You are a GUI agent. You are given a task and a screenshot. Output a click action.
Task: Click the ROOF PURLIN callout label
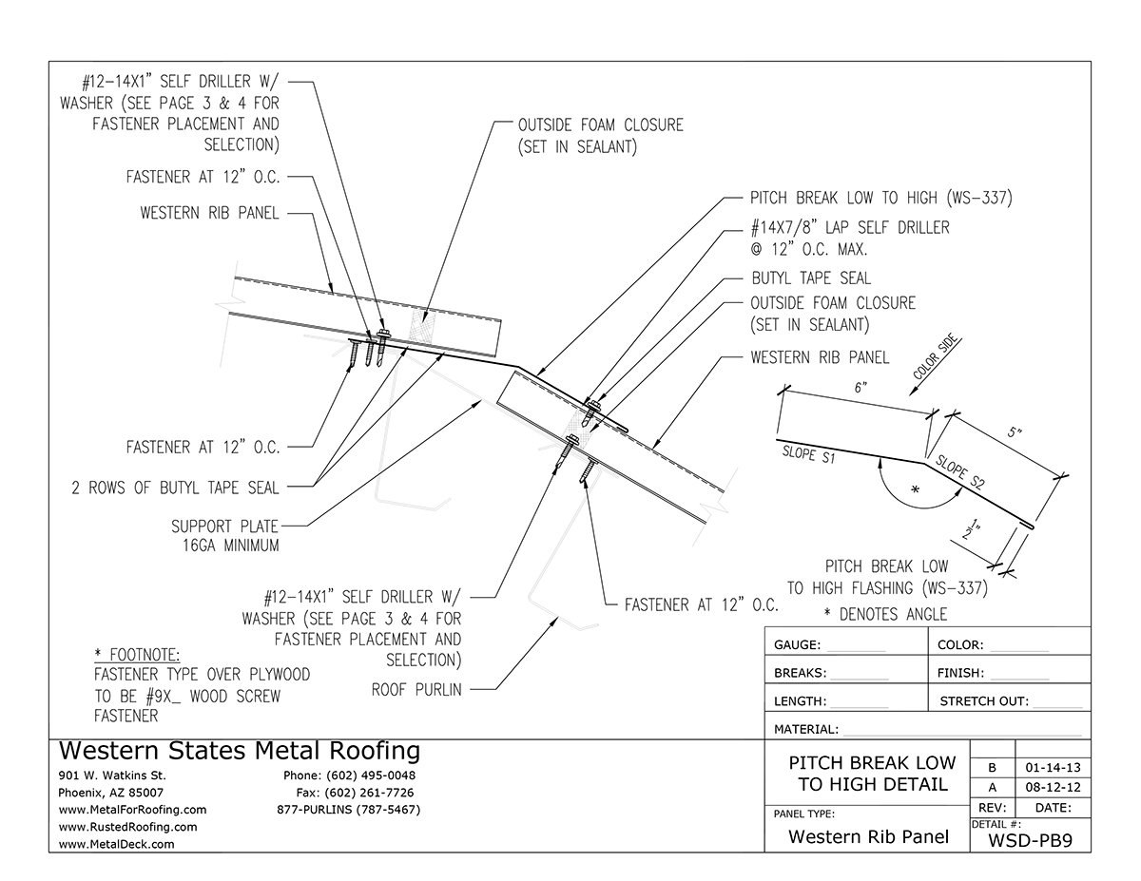click(x=416, y=690)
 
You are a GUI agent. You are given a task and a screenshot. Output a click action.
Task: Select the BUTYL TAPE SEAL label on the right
click(x=810, y=278)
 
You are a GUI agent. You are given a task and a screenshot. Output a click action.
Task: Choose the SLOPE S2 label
click(x=960, y=474)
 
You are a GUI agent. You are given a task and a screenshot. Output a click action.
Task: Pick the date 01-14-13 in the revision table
click(x=1052, y=767)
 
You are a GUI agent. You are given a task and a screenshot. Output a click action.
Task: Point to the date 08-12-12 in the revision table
click(x=1052, y=788)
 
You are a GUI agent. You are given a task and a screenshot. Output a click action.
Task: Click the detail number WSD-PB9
click(x=1031, y=839)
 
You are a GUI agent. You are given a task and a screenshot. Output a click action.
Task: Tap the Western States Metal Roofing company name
click(x=239, y=751)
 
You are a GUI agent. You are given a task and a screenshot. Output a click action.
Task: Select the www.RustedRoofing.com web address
click(x=127, y=827)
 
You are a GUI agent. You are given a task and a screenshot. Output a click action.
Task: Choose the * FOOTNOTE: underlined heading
click(x=137, y=655)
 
